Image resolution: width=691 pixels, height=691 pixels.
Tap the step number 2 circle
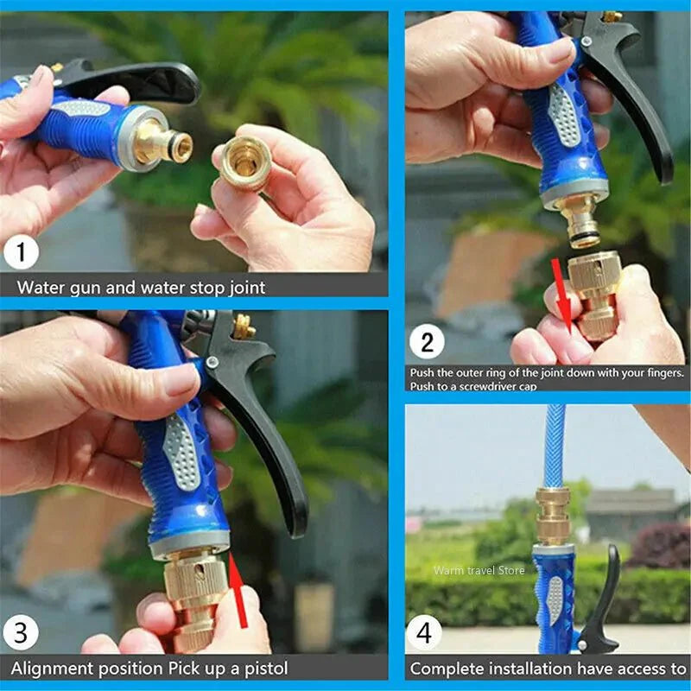[427, 343]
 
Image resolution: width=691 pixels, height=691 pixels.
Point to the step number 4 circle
[424, 634]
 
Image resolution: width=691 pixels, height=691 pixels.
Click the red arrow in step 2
[563, 294]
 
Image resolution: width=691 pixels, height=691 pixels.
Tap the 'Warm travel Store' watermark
[479, 570]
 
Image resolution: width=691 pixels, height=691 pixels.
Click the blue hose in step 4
[553, 445]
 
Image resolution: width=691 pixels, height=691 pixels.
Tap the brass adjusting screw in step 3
[245, 326]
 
